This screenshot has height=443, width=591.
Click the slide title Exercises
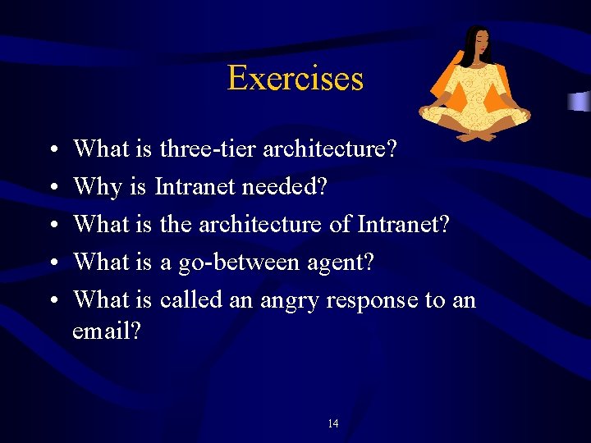(x=295, y=79)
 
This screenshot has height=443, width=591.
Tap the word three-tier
(x=195, y=149)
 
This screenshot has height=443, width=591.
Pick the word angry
(x=290, y=300)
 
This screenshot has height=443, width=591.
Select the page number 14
(x=332, y=423)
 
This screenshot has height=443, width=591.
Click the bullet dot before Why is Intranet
(x=52, y=188)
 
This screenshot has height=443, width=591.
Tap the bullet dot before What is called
(x=52, y=300)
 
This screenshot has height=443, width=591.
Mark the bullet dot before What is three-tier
(x=52, y=150)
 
